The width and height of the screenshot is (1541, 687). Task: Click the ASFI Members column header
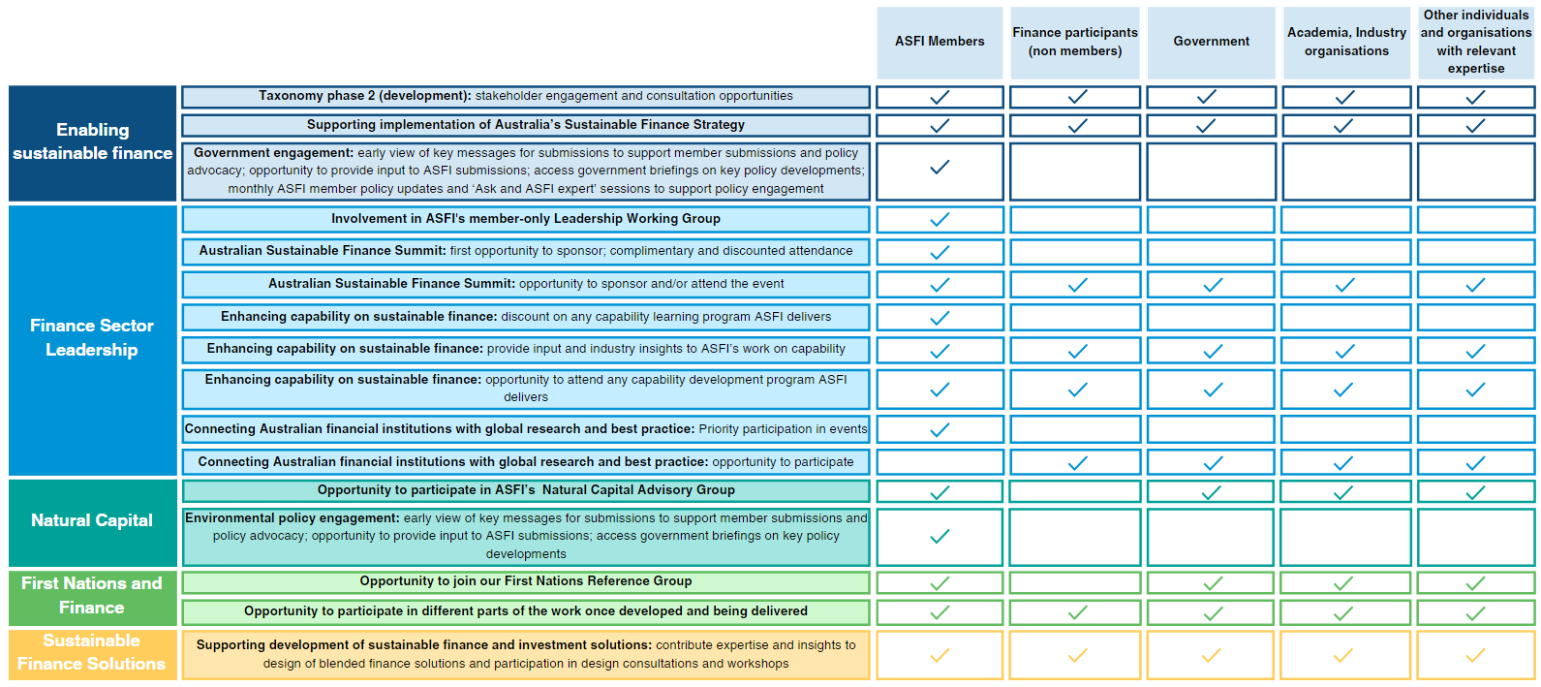pyautogui.click(x=940, y=42)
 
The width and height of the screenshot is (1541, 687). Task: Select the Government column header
pyautogui.click(x=1211, y=42)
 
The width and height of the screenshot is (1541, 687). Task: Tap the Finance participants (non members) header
pyautogui.click(x=1075, y=42)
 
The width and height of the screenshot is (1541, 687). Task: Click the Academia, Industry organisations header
pyautogui.click(x=1346, y=42)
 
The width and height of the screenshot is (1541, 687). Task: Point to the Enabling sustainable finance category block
pyautogui.click(x=92, y=142)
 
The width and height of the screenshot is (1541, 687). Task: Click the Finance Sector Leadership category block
pyautogui.click(x=92, y=338)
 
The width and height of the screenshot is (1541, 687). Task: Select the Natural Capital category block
pyautogui.click(x=92, y=521)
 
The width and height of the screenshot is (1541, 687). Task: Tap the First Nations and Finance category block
pyautogui.click(x=92, y=596)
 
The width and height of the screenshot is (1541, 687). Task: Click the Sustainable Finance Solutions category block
pyautogui.click(x=92, y=653)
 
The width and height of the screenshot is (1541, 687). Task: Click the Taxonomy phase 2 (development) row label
pyautogui.click(x=525, y=96)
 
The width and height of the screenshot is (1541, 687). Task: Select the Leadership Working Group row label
pyautogui.click(x=525, y=219)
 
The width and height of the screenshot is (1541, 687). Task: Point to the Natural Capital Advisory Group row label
pyautogui.click(x=525, y=490)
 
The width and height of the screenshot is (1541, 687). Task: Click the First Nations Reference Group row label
pyautogui.click(x=525, y=581)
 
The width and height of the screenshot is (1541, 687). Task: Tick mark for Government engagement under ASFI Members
pyautogui.click(x=940, y=169)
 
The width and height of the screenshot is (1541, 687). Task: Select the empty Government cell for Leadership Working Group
pyautogui.click(x=1211, y=220)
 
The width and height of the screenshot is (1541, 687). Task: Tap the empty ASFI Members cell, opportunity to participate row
pyautogui.click(x=940, y=462)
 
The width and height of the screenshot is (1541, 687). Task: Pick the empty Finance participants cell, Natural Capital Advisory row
pyautogui.click(x=1075, y=491)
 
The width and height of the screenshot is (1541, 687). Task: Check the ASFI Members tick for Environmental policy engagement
pyautogui.click(x=940, y=537)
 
